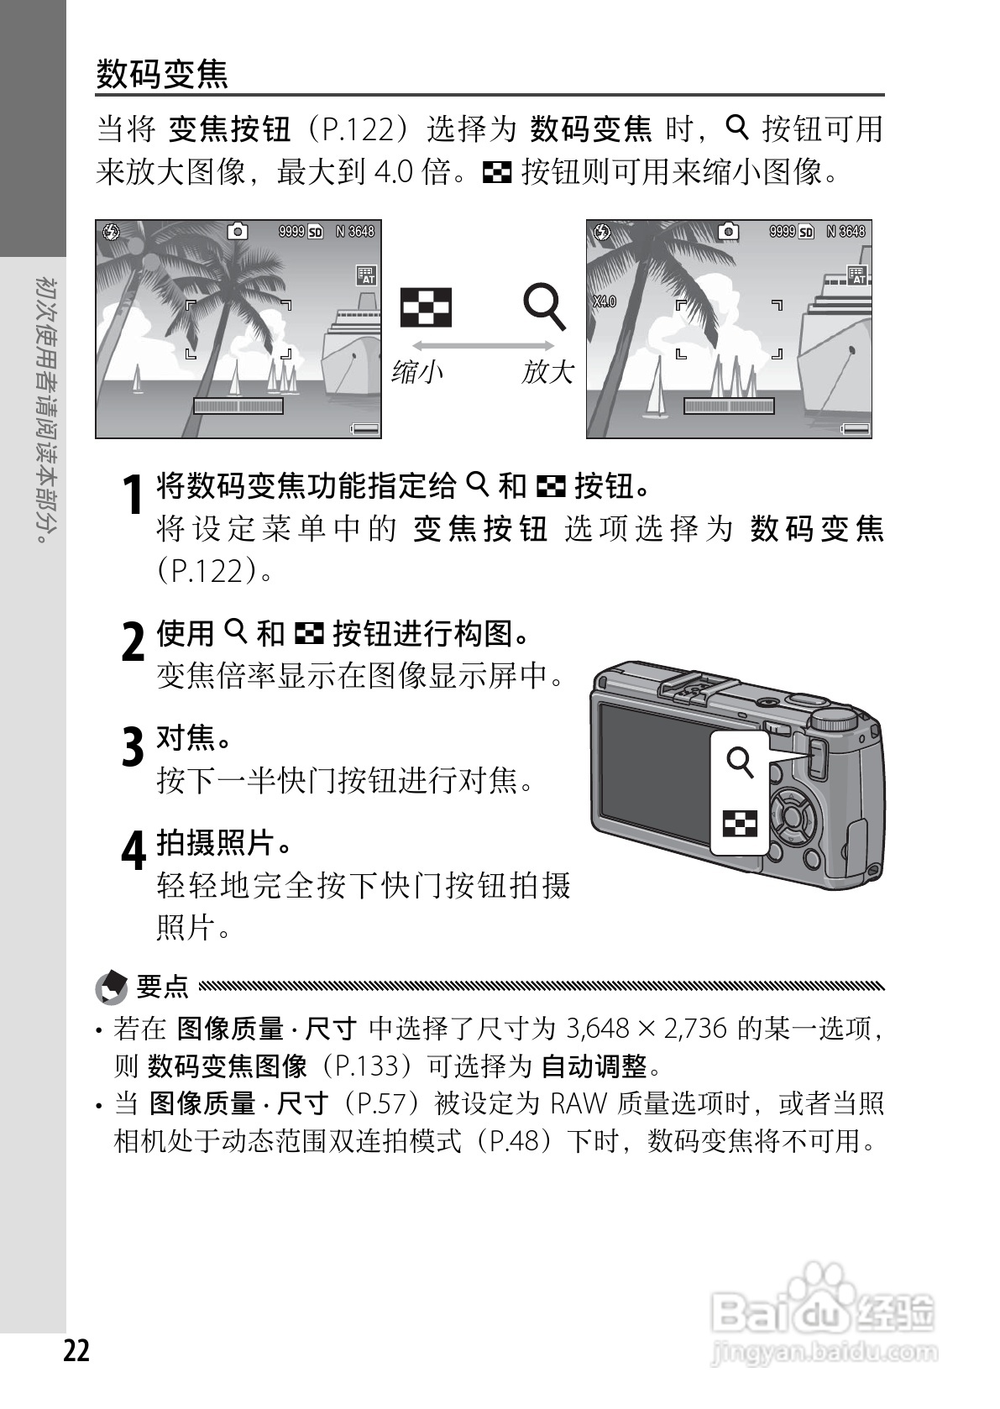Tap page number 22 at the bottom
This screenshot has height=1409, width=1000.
76,1351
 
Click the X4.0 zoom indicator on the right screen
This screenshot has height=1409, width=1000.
604,301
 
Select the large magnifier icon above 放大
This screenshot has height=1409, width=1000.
545,306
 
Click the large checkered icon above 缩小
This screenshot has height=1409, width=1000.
426,306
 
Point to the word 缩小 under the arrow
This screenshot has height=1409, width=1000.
417,371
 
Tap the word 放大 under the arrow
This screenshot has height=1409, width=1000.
547,371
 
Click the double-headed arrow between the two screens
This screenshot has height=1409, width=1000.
483,346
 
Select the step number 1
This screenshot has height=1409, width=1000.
132,495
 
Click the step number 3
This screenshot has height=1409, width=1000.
133,746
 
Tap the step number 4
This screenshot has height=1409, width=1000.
133,851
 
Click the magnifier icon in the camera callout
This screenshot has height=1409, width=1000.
740,763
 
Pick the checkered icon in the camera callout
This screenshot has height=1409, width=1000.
740,824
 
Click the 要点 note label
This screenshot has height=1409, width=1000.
162,986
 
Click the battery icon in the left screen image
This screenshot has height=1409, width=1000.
365,428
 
